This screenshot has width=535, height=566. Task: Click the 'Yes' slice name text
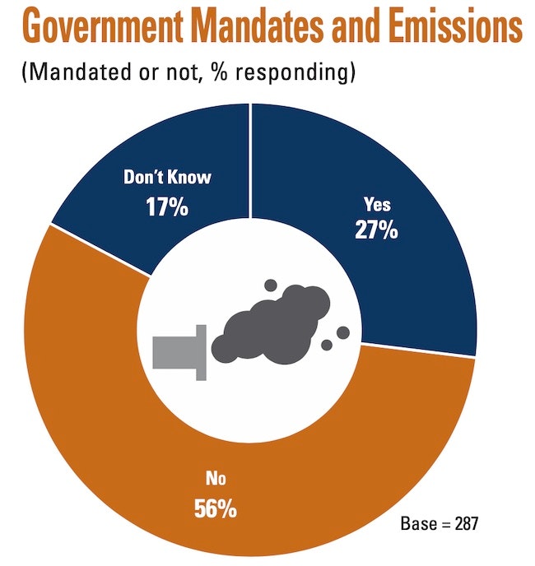[377, 206]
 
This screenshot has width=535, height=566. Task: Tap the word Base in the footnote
[416, 523]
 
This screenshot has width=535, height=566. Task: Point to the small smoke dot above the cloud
[270, 285]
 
